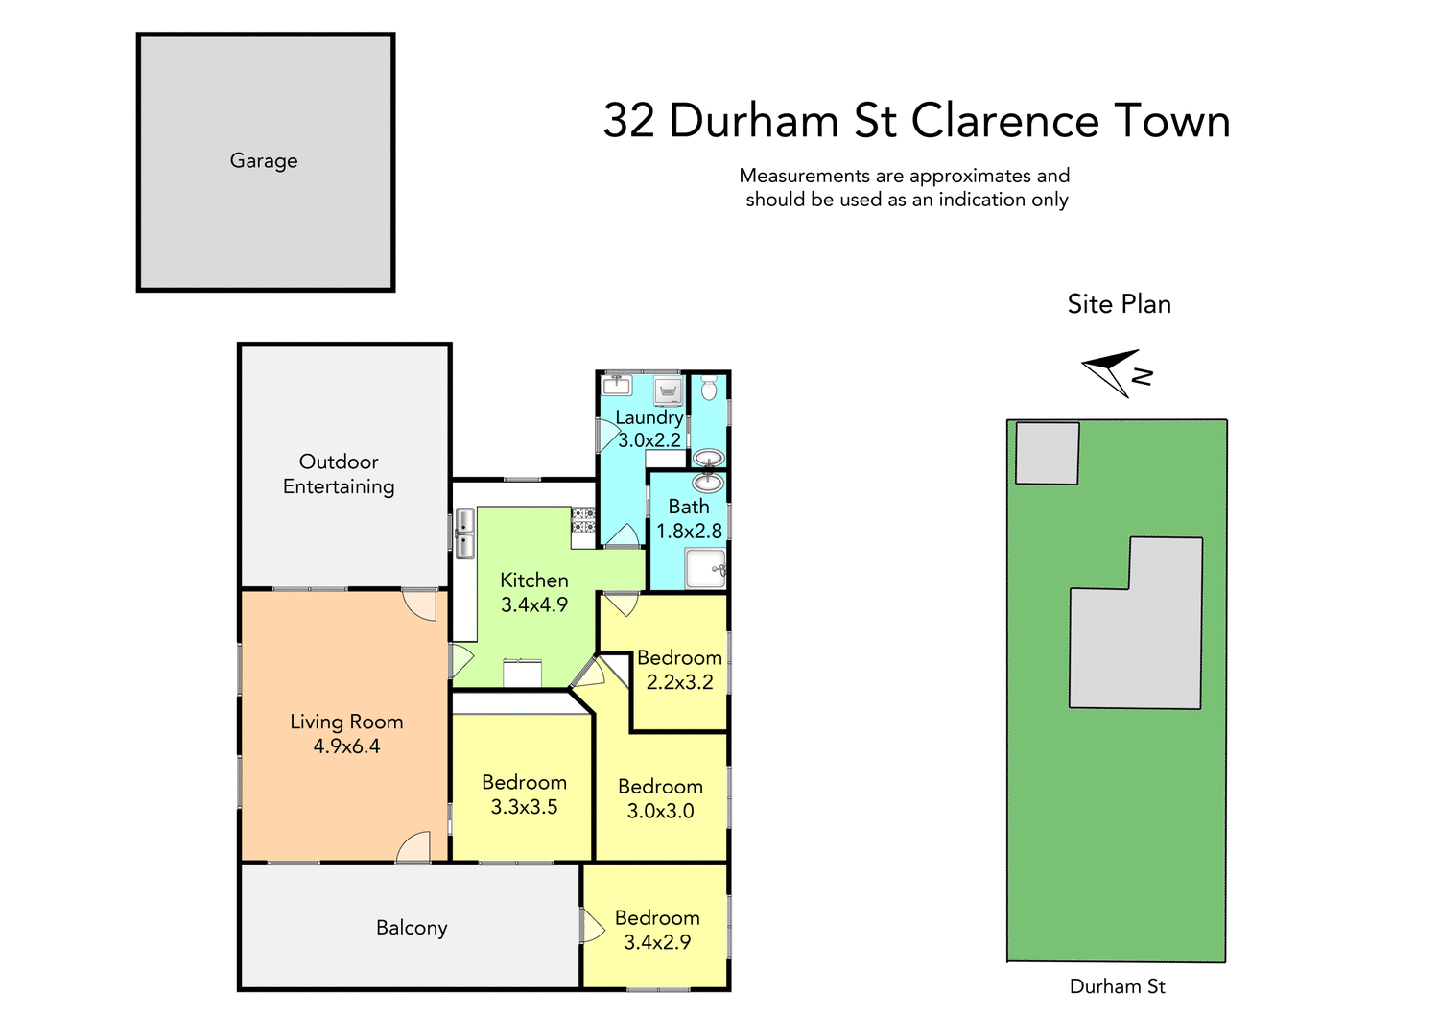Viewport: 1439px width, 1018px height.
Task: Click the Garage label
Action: click(264, 161)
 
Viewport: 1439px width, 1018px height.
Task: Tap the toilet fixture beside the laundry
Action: click(709, 389)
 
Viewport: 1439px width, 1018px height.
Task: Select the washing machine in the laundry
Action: click(668, 391)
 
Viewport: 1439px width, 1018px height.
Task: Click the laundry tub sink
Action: click(615, 386)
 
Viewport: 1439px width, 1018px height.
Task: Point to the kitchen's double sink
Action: click(464, 534)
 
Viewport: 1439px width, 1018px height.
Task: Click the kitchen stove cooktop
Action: click(583, 520)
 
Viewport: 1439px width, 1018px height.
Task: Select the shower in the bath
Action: click(706, 569)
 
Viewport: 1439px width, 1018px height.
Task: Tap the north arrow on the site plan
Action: click(1115, 372)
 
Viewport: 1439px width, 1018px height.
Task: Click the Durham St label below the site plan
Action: click(1117, 986)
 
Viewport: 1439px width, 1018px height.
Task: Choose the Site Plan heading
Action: click(1119, 304)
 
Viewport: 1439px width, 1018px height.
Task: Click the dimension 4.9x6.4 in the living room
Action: click(346, 746)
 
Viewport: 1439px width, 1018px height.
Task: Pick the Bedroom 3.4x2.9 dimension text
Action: click(657, 942)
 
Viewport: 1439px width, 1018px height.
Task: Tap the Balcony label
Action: click(412, 928)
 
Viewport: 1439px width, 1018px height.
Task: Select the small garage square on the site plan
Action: click(1047, 453)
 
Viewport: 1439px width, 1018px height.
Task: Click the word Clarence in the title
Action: click(1004, 122)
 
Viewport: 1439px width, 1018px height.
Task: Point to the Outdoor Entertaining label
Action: click(339, 474)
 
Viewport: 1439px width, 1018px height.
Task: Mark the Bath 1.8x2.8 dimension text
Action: click(689, 531)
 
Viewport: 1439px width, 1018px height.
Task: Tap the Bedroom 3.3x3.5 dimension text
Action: click(524, 807)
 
